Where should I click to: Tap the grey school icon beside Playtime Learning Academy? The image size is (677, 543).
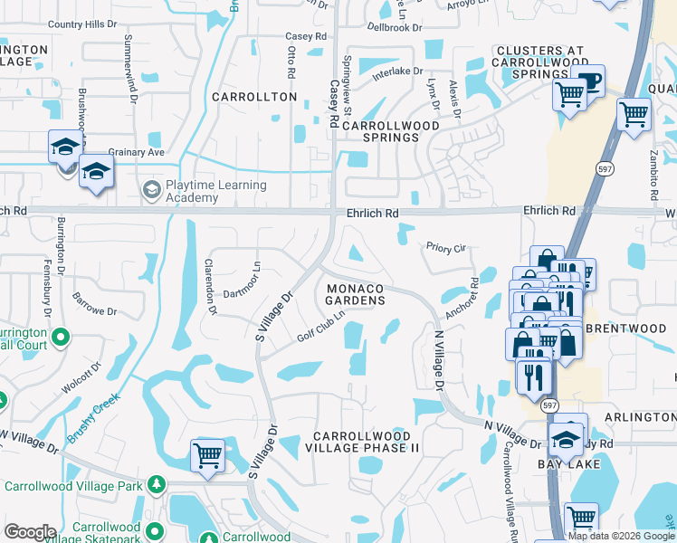150,189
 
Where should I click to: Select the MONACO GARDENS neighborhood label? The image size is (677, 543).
356,293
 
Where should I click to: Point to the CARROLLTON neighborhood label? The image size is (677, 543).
254,96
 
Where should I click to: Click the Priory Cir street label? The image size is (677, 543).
445,246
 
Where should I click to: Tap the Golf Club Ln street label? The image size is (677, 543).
321,333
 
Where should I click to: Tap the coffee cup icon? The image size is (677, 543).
588,81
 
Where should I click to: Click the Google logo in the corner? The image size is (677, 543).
30,532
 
